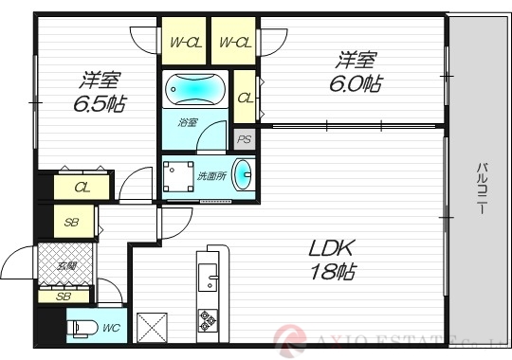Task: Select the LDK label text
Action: pyautogui.click(x=331, y=249)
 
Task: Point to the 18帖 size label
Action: pyautogui.click(x=332, y=272)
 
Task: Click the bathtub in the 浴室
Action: pyautogui.click(x=196, y=91)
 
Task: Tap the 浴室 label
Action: pyautogui.click(x=187, y=122)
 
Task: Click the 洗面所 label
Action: pyautogui.click(x=211, y=176)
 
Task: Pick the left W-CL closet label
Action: pyautogui.click(x=183, y=42)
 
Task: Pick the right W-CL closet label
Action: pyautogui.click(x=233, y=42)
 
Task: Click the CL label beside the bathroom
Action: pyautogui.click(x=245, y=98)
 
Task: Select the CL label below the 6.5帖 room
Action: pyautogui.click(x=83, y=187)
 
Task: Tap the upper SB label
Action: pyautogui.click(x=72, y=223)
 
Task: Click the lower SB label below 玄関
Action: pyautogui.click(x=63, y=297)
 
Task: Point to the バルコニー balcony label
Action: pyautogui.click(x=483, y=189)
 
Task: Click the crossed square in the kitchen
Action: pyautogui.click(x=152, y=327)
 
